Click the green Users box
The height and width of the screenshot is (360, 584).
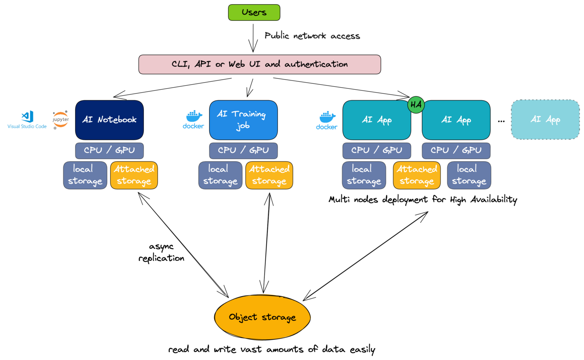point(254,13)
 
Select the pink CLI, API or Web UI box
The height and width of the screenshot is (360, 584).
point(259,65)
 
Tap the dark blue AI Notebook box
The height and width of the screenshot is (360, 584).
point(109,120)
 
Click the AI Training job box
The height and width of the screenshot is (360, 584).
point(243,120)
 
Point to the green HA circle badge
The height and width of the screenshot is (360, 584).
point(416,105)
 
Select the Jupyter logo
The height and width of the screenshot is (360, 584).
point(61,120)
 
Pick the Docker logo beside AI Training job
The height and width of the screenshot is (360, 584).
point(193,120)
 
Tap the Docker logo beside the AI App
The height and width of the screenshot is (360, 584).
point(327,120)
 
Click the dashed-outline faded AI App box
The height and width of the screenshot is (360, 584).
point(545,120)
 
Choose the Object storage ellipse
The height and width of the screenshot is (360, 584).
point(262,317)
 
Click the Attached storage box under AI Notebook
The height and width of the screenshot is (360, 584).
point(134,175)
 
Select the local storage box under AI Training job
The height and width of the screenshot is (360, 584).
point(220,175)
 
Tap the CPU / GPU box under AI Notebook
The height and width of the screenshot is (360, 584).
point(109,151)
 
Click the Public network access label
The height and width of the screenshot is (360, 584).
point(312,36)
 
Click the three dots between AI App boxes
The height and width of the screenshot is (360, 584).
point(501,121)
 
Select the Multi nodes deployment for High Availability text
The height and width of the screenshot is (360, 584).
point(423,200)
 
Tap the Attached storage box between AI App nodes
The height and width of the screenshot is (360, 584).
point(416,175)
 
